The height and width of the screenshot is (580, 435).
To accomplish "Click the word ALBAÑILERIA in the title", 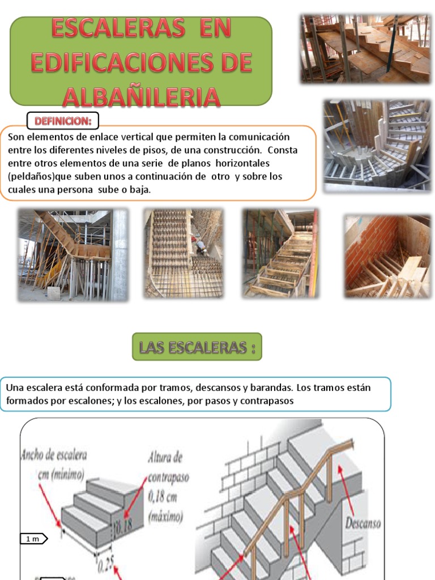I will pyautogui.click(x=141, y=96).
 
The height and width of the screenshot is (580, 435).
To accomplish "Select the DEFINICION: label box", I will pyautogui.click(x=63, y=121).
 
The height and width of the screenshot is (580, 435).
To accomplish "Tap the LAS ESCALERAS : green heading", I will pyautogui.click(x=197, y=347).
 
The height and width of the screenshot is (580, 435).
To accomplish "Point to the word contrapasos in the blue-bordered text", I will pyautogui.click(x=271, y=400).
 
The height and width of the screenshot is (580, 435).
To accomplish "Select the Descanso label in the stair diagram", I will pyautogui.click(x=363, y=522).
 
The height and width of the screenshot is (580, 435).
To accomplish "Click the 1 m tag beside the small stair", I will pyautogui.click(x=33, y=539).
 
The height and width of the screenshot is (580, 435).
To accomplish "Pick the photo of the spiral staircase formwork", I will pyautogui.click(x=377, y=144).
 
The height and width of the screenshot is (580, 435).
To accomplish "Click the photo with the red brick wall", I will pyautogui.click(x=388, y=255).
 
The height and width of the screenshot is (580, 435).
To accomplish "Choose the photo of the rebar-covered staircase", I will pyautogui.click(x=184, y=253).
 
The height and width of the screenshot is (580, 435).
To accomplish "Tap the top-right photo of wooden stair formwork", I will pyautogui.click(x=365, y=49).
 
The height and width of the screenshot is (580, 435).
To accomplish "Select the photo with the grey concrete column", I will pyautogui.click(x=73, y=254).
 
